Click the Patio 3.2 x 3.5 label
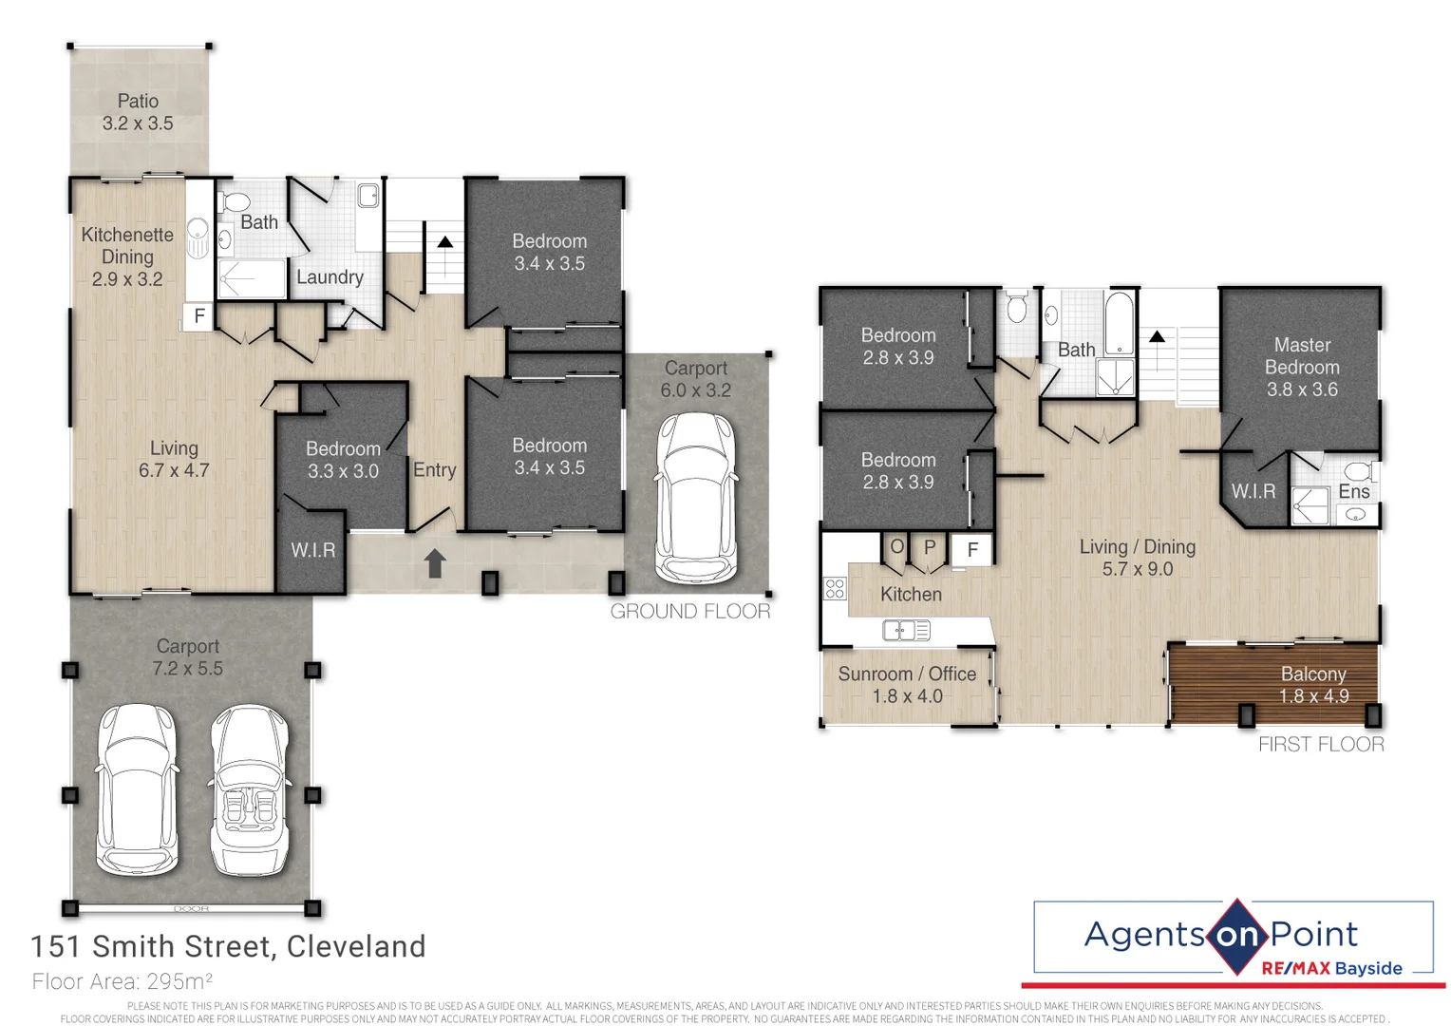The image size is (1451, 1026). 138,112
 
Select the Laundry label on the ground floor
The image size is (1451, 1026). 330,277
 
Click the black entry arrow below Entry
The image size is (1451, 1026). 435,563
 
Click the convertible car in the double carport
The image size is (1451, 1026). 250,790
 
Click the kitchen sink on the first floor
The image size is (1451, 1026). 906,630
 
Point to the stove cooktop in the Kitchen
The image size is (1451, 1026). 835,588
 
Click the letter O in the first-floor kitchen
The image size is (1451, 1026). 896,547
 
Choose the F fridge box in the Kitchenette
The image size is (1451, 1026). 199,316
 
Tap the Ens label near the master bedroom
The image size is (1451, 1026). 1353,491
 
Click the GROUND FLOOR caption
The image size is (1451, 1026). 690,612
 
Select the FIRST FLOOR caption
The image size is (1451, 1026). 1321,745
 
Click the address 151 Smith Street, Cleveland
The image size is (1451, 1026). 228,947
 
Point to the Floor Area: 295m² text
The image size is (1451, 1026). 122,981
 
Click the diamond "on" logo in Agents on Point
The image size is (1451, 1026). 1236,936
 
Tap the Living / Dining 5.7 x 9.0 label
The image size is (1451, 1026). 1137,558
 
